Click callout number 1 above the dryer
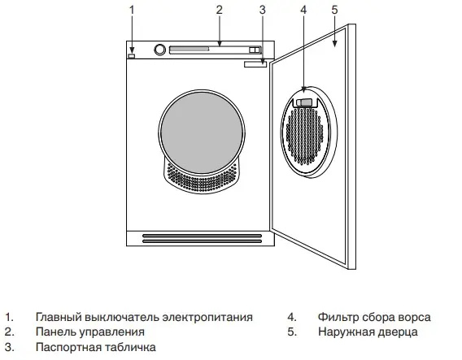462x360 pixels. pyautogui.click(x=132, y=10)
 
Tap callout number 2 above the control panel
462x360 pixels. pyautogui.click(x=219, y=10)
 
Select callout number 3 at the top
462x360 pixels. pyautogui.click(x=262, y=10)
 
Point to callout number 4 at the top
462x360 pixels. pyautogui.click(x=303, y=10)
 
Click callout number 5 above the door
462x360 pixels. pyautogui.click(x=334, y=10)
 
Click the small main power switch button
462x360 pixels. pyautogui.click(x=132, y=56)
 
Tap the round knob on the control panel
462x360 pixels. pyautogui.click(x=160, y=50)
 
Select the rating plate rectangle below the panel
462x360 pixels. pyautogui.click(x=255, y=64)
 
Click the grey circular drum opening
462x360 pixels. pyautogui.click(x=202, y=132)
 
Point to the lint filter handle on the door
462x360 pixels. pyautogui.click(x=304, y=102)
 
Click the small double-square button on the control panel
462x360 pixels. pyautogui.click(x=255, y=50)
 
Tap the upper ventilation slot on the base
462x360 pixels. pyautogui.click(x=202, y=236)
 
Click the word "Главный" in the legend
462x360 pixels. pyautogui.click(x=59, y=317)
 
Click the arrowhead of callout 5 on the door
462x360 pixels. pyautogui.click(x=334, y=44)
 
